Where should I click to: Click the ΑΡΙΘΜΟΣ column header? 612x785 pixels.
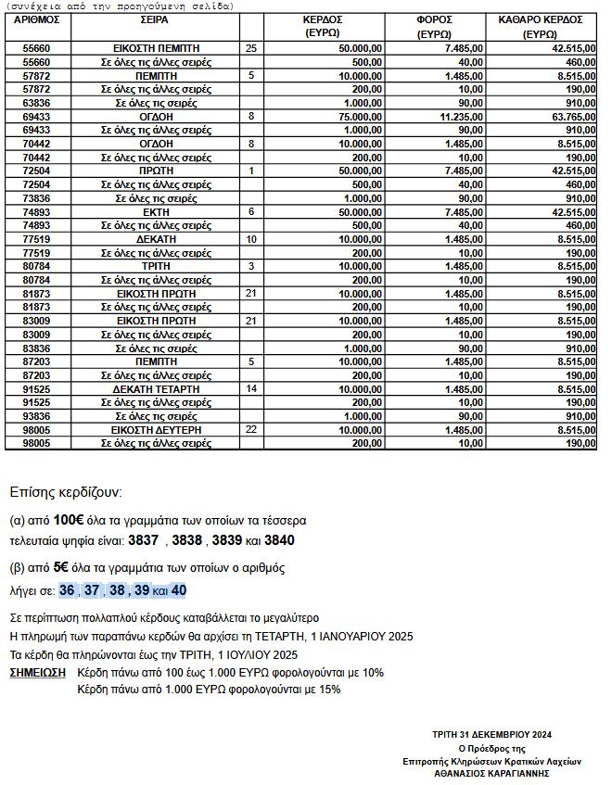[x=37, y=19]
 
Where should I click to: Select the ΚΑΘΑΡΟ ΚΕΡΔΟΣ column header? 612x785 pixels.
[x=540, y=25]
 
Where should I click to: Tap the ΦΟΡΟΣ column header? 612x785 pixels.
[x=433, y=25]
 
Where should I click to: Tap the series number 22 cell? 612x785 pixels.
[x=251, y=430]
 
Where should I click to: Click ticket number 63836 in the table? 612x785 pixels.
[x=37, y=103]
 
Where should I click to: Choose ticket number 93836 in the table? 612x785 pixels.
[x=37, y=416]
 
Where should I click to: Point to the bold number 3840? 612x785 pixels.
[x=279, y=539]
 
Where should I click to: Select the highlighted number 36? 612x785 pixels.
[x=67, y=590]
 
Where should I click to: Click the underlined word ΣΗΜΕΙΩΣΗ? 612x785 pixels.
[x=37, y=672]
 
